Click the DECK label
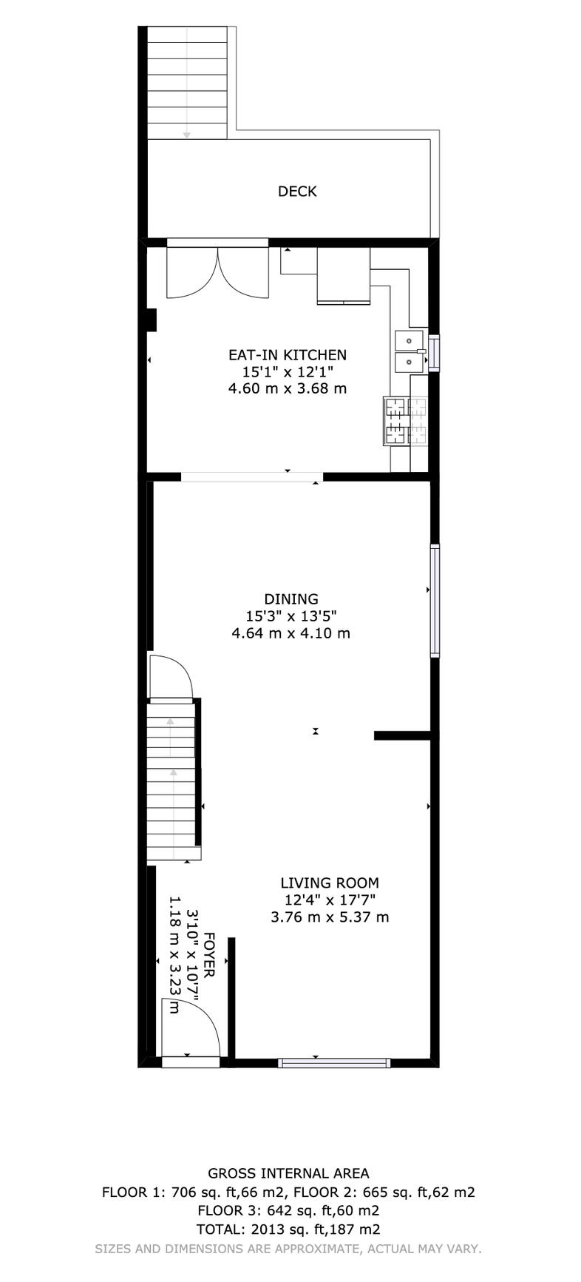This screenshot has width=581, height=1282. pyautogui.click(x=297, y=192)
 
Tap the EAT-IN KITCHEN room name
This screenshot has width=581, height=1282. pyautogui.click(x=288, y=355)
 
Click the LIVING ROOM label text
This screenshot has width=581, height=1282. pyautogui.click(x=330, y=883)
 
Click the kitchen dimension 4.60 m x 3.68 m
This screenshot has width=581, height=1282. pyautogui.click(x=288, y=388)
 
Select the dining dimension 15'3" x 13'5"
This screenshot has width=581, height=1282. pyautogui.click(x=291, y=616)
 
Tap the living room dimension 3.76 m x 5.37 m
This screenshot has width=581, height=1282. pyautogui.click(x=330, y=917)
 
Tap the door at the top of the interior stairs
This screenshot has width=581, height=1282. pyautogui.click(x=171, y=676)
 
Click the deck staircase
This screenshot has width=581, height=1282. pyautogui.click(x=187, y=83)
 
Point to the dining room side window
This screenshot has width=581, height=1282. pyautogui.click(x=435, y=601)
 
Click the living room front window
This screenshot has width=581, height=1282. pyautogui.click(x=334, y=1063)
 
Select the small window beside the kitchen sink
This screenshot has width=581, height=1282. pyautogui.click(x=434, y=351)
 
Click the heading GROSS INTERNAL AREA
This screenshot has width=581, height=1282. pyautogui.click(x=288, y=1173)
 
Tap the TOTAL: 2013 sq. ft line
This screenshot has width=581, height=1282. pyautogui.click(x=288, y=1229)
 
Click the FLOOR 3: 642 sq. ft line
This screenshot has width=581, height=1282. pyautogui.click(x=288, y=1211)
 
